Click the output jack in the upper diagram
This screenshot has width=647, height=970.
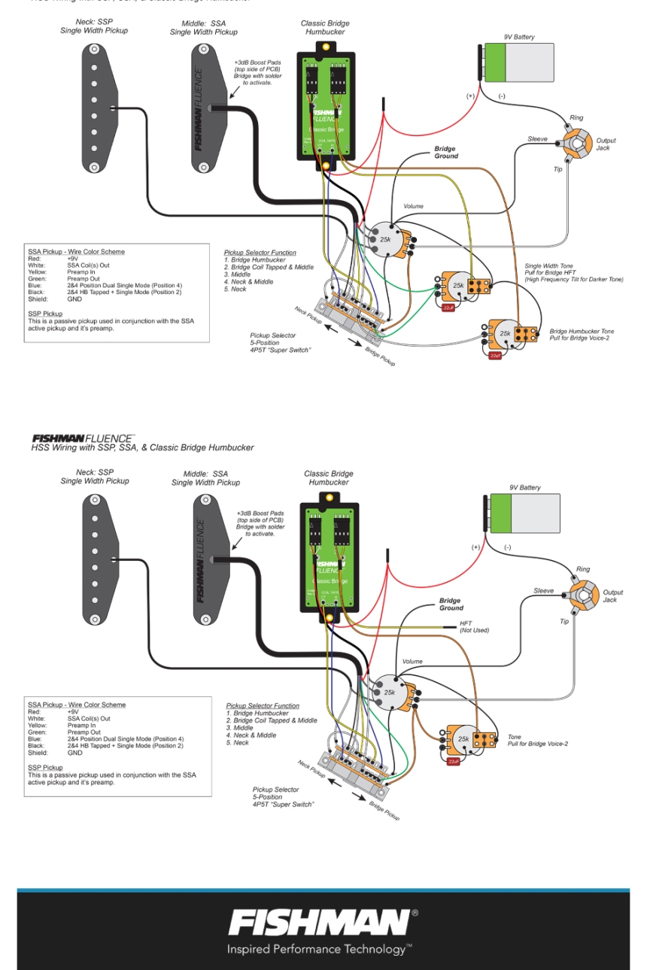tap(577, 143)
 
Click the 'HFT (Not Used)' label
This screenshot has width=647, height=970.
tap(474, 626)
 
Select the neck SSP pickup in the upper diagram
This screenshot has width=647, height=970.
tap(96, 108)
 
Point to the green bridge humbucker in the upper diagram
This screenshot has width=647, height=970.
tap(324, 104)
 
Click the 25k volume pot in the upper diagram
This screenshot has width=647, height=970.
tap(385, 239)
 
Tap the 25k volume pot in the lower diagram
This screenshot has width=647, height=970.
tap(390, 693)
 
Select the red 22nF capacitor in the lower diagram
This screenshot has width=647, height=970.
tap(453, 762)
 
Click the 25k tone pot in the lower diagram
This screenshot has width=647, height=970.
tap(463, 739)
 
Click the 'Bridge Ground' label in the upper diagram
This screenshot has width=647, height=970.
tap(445, 153)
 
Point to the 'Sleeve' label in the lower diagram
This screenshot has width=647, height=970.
tap(543, 591)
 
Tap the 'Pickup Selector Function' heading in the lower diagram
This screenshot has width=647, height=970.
tap(263, 706)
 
